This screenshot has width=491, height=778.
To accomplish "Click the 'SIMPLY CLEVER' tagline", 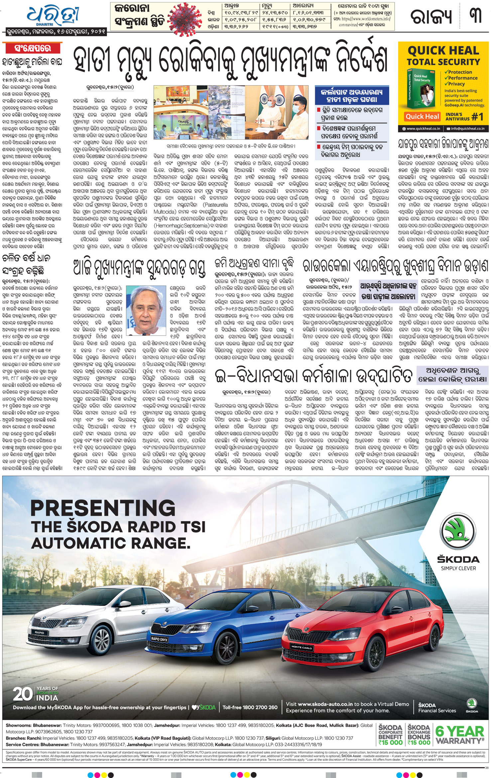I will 458,568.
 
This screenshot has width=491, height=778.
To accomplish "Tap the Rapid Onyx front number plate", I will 159,639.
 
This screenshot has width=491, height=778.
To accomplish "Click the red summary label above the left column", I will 33,49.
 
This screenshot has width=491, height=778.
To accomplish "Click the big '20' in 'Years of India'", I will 23,694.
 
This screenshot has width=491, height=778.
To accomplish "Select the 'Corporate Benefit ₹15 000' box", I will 391,735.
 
